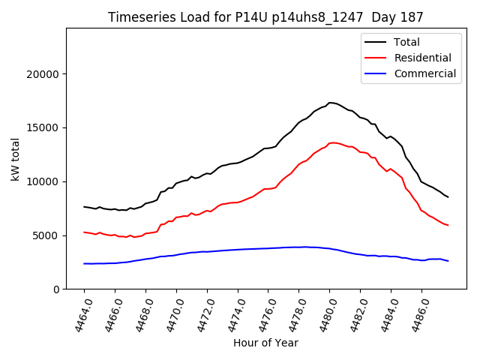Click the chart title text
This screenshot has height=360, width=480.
[265, 17]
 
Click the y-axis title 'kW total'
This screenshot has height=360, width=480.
[16, 158]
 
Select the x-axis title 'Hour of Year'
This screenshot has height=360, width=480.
[265, 343]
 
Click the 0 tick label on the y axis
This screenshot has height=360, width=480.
[56, 289]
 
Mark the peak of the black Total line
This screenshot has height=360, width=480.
[330, 103]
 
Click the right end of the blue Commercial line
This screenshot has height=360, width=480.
[448, 261]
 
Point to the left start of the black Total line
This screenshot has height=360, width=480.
[84, 206]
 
